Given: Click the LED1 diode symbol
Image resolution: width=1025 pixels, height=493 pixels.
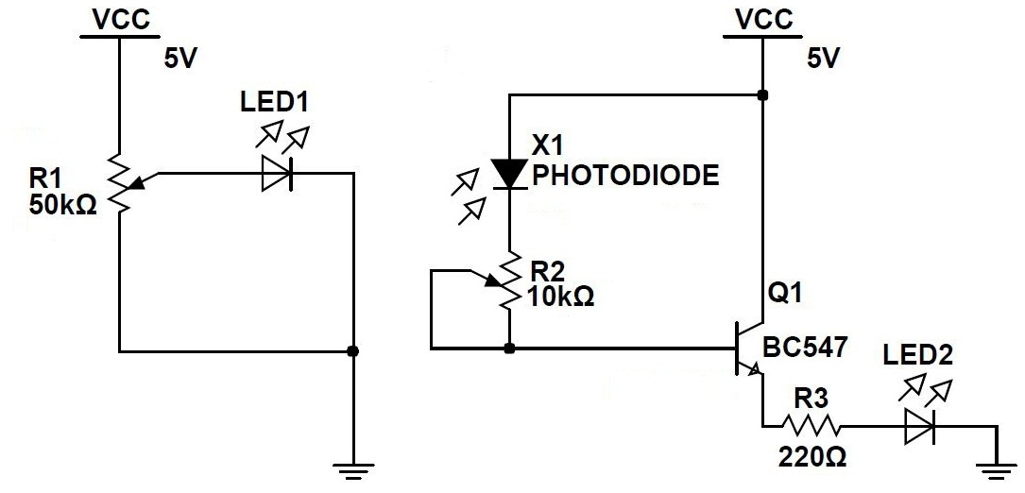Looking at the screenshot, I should pos(276,174).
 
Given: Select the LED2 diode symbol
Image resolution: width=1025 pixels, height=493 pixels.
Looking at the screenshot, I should pos(919,427).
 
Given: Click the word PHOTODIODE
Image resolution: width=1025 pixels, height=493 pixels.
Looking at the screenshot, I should pos(625,177).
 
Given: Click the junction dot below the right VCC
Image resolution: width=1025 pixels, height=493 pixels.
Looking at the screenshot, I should pos(762,95).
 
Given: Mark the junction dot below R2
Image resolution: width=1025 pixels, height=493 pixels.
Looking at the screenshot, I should pos(509,349).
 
